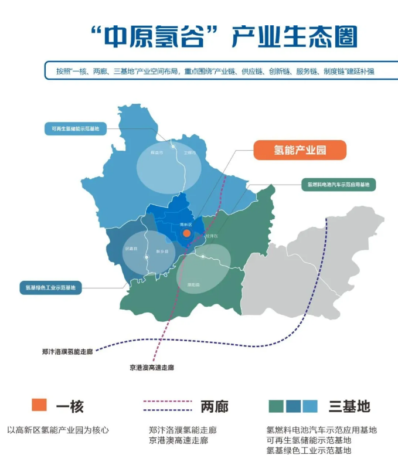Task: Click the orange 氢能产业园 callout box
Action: (300, 151)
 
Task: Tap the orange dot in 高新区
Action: (186, 233)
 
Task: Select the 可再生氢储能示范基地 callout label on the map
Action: (76, 128)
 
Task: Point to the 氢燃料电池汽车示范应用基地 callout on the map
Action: (338, 185)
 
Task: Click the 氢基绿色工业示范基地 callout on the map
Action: (50, 287)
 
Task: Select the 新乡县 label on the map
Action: (162, 252)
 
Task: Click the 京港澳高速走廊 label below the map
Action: (152, 368)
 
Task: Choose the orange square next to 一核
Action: (39, 405)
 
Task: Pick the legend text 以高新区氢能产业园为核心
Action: (58, 430)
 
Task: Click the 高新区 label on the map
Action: (186, 224)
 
